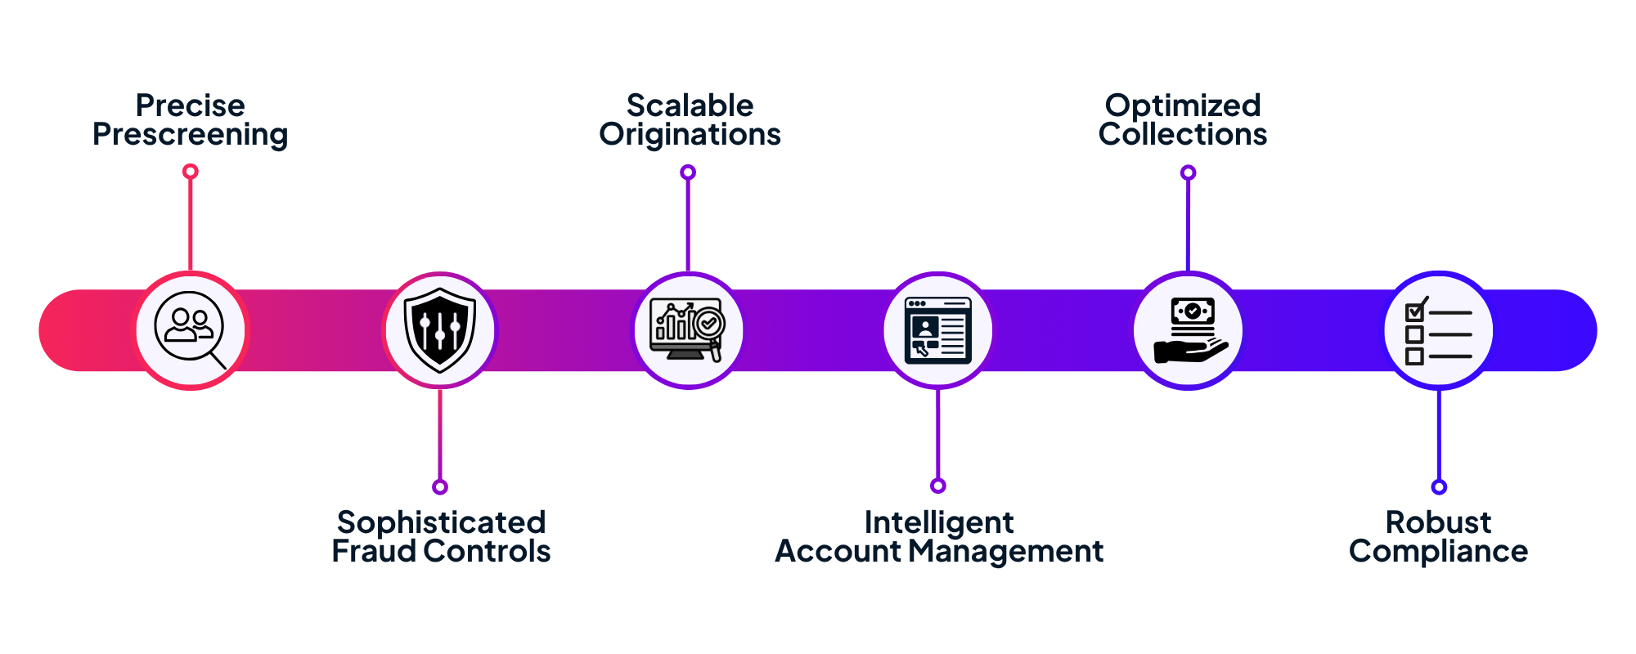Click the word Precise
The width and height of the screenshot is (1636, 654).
coord(190,105)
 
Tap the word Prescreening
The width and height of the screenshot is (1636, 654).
coord(190,135)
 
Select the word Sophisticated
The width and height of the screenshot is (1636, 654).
coord(441,522)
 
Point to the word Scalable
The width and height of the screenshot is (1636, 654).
coord(690,105)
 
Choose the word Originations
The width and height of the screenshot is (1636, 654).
coord(690,135)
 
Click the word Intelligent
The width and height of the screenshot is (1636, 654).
coord(939,522)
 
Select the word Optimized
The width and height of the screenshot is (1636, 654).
coord(1183,105)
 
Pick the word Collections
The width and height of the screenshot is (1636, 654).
coord(1183,135)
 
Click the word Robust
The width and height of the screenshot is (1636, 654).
coord(1438,522)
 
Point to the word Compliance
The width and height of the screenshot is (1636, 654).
coord(1438,552)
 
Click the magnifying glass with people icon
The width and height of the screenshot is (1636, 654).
coord(191,330)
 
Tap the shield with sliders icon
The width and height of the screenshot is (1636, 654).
coord(440,330)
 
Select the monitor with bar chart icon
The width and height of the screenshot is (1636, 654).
coord(688,330)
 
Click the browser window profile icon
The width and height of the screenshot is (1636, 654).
coord(938,330)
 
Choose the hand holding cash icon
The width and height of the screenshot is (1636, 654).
coord(1189,330)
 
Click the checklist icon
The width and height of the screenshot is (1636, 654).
coord(1438,330)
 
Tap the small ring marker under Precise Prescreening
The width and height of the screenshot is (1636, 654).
coord(191,171)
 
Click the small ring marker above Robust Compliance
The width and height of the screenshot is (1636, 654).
coord(1439,487)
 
